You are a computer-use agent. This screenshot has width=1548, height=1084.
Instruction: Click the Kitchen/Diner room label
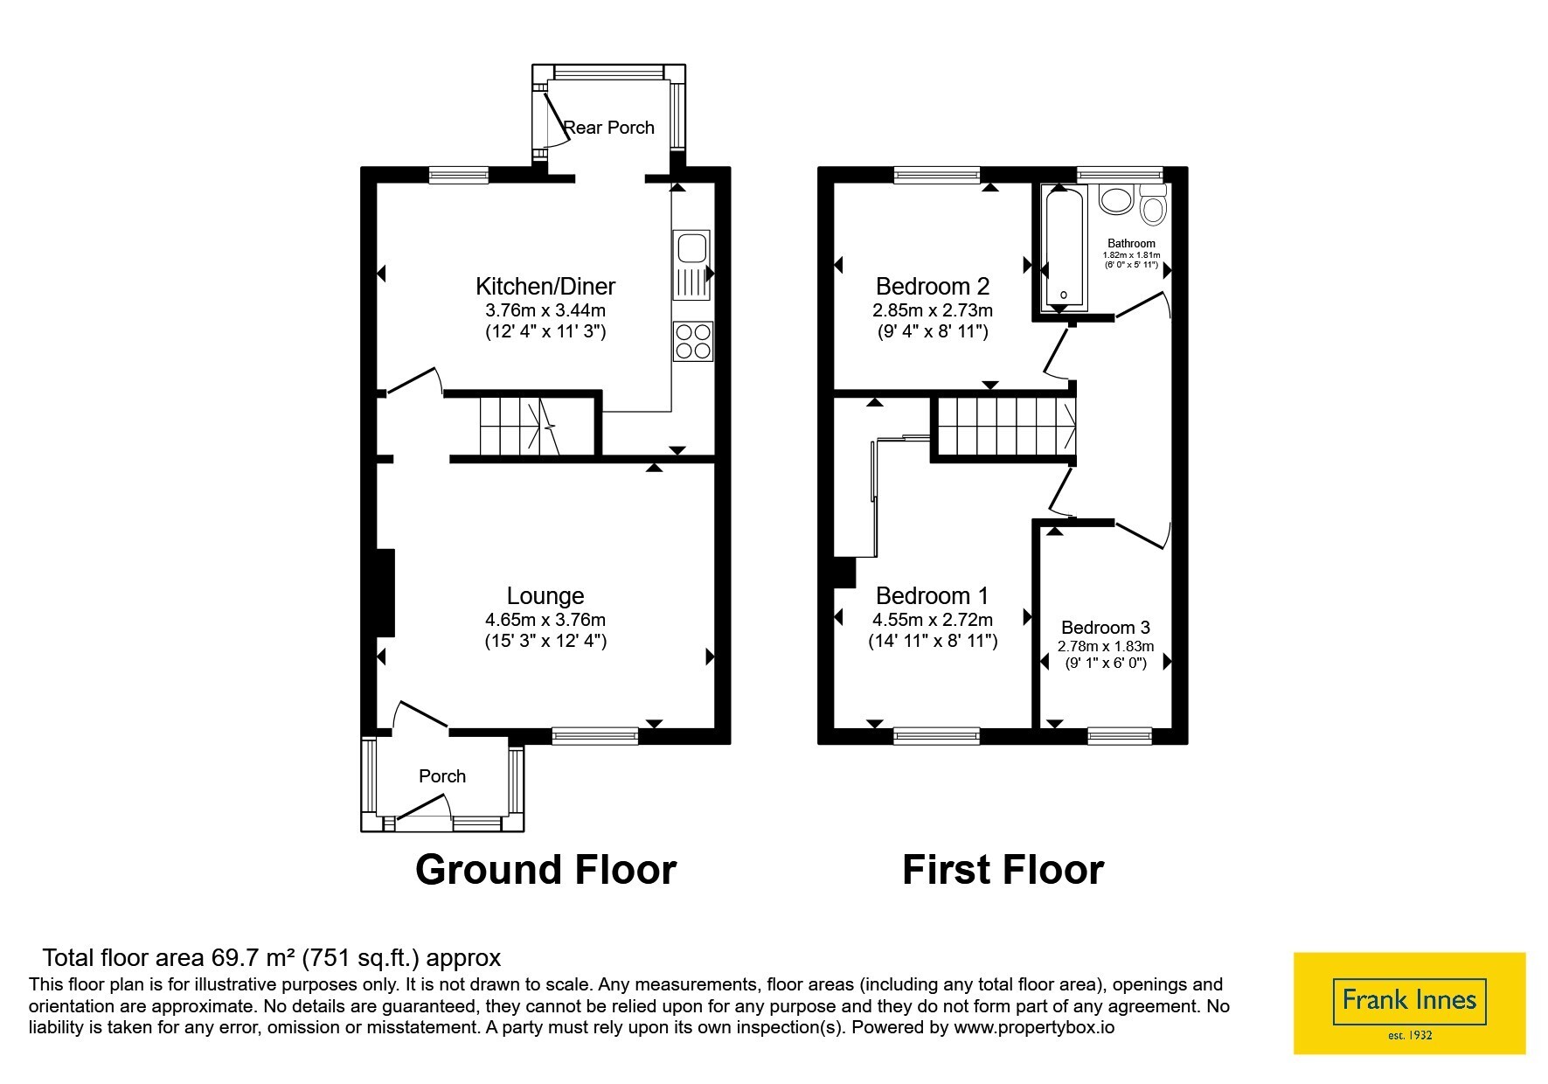click(545, 286)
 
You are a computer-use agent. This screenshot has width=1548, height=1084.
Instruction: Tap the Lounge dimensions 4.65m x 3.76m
click(545, 620)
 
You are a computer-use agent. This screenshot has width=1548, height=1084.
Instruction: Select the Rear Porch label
click(609, 128)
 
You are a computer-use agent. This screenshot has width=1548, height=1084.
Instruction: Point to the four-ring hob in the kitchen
click(693, 341)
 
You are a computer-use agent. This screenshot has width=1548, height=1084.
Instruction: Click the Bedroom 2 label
click(933, 286)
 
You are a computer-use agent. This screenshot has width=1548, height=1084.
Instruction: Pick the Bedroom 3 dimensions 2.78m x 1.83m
click(1106, 647)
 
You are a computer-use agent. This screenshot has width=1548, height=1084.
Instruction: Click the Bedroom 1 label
click(933, 596)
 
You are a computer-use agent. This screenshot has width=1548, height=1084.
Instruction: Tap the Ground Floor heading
click(545, 870)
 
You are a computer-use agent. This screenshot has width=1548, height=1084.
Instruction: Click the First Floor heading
click(1003, 870)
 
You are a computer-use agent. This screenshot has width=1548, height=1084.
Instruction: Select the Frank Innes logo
click(1409, 1003)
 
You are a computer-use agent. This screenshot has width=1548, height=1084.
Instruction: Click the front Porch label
click(442, 776)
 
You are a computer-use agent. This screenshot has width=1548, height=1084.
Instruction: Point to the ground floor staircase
click(519, 427)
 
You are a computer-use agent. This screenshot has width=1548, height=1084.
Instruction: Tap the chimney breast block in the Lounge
click(385, 593)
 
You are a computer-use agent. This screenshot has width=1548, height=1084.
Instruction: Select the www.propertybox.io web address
click(1034, 1028)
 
